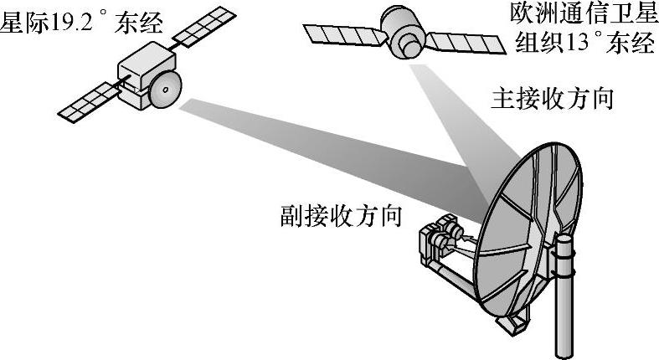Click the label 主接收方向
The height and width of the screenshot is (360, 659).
552,100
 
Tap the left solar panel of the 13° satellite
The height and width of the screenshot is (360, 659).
338,33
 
